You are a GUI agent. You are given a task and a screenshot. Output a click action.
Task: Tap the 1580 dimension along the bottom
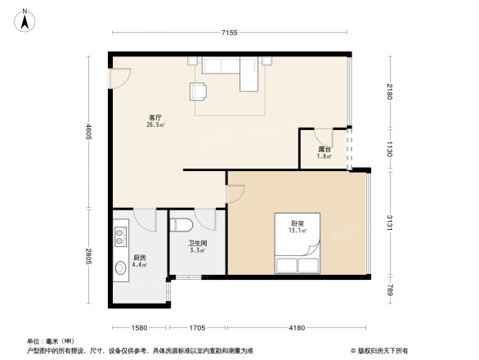[139, 327]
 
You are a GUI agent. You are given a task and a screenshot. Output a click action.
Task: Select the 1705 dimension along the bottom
[196, 327]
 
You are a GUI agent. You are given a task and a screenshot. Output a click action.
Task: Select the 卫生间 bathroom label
[197, 245]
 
